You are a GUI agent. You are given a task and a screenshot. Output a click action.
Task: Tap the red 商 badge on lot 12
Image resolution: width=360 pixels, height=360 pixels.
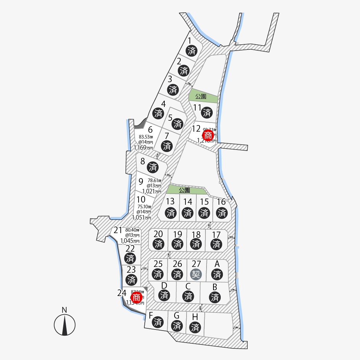[208, 136]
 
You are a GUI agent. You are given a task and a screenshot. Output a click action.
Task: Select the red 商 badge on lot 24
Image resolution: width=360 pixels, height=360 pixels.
[136, 298]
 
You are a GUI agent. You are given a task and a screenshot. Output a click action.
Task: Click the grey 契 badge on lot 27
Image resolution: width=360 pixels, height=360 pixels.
[196, 273]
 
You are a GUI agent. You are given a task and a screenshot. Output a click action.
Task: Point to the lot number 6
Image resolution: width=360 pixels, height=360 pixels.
[150, 129]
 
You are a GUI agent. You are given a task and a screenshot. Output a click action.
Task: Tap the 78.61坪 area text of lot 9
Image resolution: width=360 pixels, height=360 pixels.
[154, 180]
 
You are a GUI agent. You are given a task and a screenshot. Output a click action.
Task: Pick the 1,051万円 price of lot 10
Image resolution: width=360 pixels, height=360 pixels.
[141, 217]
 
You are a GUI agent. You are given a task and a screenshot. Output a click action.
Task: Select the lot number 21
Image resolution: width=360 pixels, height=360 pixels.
[118, 230]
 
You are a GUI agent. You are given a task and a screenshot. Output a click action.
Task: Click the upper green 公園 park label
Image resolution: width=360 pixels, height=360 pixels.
[201, 97]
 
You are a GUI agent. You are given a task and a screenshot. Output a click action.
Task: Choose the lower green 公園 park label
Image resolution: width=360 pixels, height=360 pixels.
[184, 190]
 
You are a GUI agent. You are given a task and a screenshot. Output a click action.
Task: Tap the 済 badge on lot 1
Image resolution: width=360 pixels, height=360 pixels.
[192, 51]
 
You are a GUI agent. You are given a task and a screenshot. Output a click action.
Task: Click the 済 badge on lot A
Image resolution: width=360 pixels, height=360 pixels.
[217, 274]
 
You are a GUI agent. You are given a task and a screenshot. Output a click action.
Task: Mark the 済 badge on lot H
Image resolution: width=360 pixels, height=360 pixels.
[195, 327]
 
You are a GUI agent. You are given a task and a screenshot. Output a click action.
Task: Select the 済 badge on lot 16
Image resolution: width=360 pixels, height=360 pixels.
[222, 212]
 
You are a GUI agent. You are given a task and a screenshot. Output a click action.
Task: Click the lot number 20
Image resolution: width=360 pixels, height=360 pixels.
[158, 234]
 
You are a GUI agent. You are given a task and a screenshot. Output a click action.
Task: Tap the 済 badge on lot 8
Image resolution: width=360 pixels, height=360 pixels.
[153, 167]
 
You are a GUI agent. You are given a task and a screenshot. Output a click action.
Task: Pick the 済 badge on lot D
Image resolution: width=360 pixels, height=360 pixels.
[164, 295]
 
